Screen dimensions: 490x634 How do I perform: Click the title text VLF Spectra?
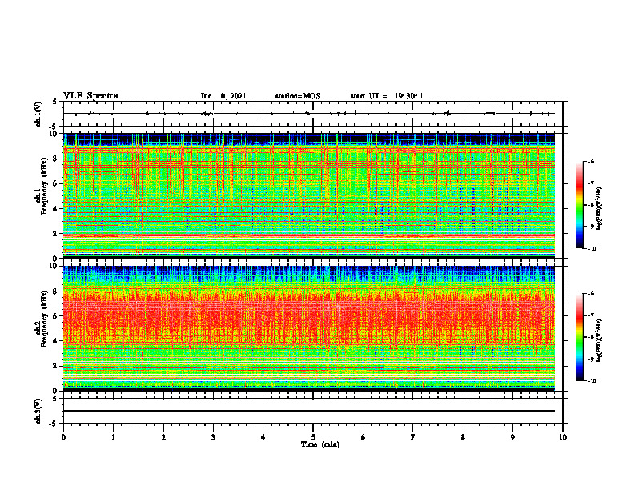[90, 95]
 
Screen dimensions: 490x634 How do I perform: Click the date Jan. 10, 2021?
[223, 96]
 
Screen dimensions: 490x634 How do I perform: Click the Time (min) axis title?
[319, 444]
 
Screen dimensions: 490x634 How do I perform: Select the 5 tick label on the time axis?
[313, 436]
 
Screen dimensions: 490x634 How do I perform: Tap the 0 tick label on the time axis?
[63, 436]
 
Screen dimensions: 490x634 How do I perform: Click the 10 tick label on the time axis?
[563, 436]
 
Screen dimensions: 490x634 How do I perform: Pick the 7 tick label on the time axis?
[413, 436]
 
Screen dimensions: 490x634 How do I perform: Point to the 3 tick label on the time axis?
[213, 436]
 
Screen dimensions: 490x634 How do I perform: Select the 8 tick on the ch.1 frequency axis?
[56, 159]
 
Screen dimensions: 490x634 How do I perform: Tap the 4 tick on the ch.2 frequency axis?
[56, 341]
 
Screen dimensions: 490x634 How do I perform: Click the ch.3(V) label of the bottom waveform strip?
[39, 410]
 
